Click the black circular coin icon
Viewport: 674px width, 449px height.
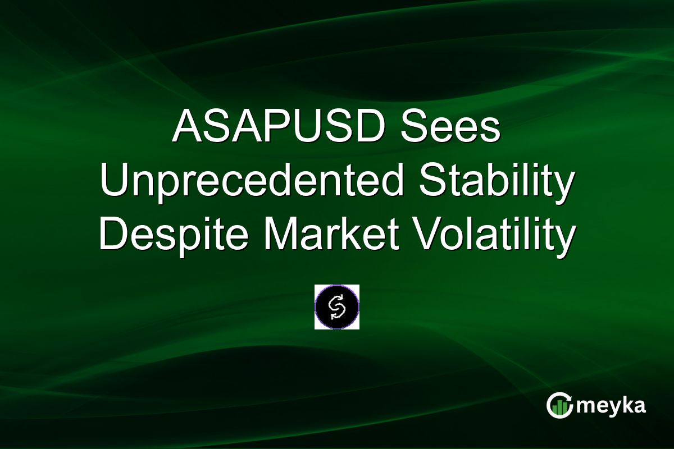(x=337, y=306)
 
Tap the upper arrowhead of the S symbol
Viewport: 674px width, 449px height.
(x=342, y=299)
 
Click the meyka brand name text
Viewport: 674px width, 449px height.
(x=612, y=405)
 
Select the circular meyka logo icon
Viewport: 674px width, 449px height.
(x=559, y=405)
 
